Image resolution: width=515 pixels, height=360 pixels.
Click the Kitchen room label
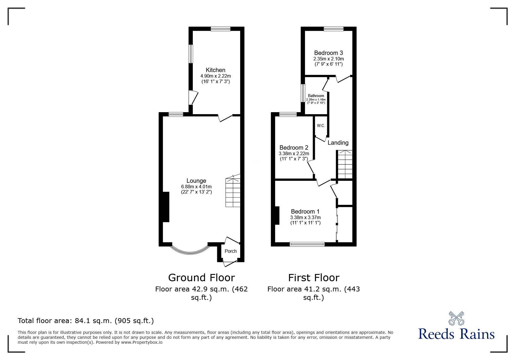(x=215, y=70)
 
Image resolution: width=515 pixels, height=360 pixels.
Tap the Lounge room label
(x=196, y=181)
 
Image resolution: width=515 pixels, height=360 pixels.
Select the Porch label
(x=231, y=251)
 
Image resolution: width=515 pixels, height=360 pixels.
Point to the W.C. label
(x=321, y=126)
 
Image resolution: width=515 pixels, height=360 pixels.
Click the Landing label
(x=338, y=143)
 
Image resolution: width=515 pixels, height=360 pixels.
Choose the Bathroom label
(x=316, y=96)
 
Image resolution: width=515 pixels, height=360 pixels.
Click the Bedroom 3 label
(x=329, y=53)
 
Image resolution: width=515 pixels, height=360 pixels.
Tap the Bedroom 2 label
(x=294, y=148)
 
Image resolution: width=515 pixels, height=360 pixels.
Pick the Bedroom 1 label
(x=305, y=212)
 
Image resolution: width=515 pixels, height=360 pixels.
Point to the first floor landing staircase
(x=345, y=164)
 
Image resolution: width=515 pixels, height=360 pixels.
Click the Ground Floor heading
(x=202, y=278)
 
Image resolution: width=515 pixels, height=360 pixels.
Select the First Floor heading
(x=314, y=278)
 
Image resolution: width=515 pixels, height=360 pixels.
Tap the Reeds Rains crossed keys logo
(x=456, y=318)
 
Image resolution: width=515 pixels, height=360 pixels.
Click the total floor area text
(x=86, y=321)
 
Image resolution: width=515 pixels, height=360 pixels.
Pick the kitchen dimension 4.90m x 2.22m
(x=215, y=76)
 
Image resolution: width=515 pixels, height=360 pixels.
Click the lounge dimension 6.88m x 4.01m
(x=196, y=187)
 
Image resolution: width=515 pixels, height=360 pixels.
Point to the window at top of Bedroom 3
(x=334, y=28)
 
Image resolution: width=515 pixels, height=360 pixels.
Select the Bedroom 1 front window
(x=307, y=244)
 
